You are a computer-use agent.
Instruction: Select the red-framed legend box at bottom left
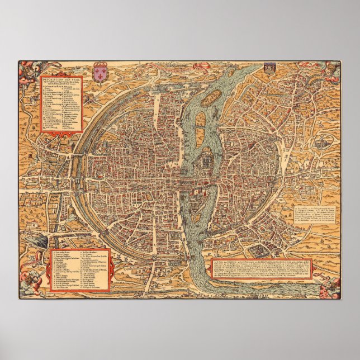[x=79, y=271]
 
